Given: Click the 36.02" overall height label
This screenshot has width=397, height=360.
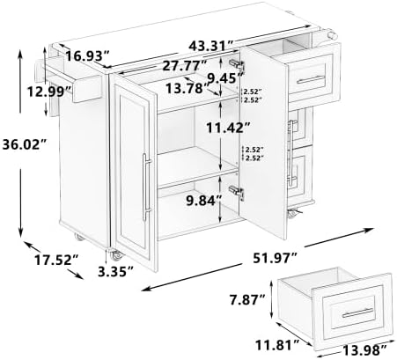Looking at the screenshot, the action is (x=25, y=144).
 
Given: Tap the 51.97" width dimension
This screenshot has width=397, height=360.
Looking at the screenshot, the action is (x=276, y=258).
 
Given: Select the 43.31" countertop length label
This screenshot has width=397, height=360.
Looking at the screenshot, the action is (x=211, y=46).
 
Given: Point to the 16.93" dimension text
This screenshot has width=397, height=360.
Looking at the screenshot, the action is (x=87, y=55).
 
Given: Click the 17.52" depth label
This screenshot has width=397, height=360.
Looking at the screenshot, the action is (x=56, y=260).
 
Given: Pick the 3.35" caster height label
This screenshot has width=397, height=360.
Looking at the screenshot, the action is (x=116, y=272).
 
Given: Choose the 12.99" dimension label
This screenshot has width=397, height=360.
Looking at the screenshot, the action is (x=50, y=92).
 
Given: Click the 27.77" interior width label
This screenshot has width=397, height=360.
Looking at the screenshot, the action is (x=185, y=66).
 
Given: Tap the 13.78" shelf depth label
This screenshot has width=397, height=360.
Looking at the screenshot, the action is (x=187, y=88).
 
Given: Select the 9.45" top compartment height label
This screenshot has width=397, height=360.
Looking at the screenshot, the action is (x=225, y=78).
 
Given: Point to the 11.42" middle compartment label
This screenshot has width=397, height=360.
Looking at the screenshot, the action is (x=228, y=128).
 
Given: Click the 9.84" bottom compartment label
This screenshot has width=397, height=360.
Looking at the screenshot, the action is (x=204, y=201).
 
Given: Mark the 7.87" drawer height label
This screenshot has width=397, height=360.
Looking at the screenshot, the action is (x=247, y=300).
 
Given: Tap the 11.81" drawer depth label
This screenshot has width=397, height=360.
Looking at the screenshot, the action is (x=277, y=345).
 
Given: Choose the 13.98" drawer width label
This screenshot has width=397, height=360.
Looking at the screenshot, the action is (x=364, y=349).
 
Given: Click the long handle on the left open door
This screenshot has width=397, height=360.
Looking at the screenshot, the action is (x=146, y=187).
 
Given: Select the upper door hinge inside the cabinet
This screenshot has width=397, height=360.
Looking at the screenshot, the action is (x=237, y=63).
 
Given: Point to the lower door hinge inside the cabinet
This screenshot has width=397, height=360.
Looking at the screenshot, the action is (x=237, y=192).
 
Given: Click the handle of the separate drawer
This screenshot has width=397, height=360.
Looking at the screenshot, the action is (x=357, y=312).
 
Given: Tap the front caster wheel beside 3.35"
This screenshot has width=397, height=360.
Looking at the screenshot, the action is (x=115, y=255).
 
